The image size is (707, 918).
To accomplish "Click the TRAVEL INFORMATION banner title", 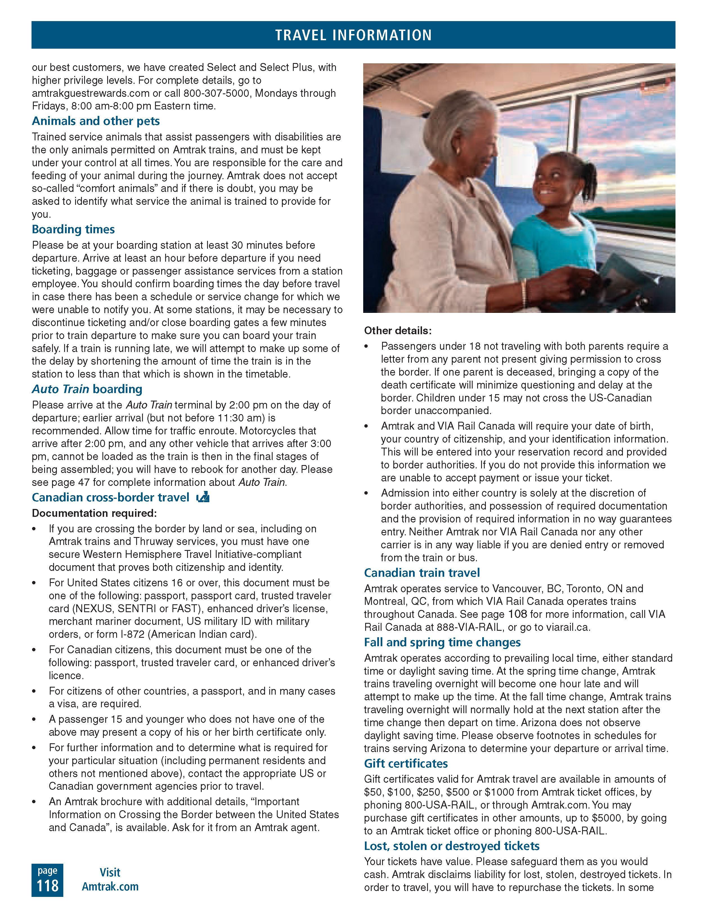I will coord(353,35).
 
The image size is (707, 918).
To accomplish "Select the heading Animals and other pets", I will coord(96,121).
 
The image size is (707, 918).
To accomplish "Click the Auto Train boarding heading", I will coord(87,389).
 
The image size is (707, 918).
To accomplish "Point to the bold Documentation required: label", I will coord(94,513).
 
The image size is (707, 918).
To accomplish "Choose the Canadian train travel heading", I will coord(422,573).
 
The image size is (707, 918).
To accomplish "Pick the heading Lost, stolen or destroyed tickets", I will coord(452,845).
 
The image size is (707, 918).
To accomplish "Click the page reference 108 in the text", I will coord(517,614).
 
